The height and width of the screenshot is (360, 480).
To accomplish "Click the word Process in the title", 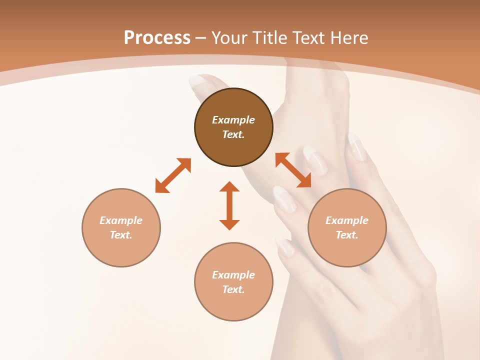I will point(157,38).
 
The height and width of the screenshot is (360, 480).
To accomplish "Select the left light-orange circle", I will point(121,227).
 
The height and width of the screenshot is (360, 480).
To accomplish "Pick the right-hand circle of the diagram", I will point(347,227).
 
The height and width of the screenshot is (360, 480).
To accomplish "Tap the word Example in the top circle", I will point(233,120).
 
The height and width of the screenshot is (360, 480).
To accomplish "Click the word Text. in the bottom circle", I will point(233,289).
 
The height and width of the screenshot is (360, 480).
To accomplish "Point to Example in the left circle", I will point(121,220).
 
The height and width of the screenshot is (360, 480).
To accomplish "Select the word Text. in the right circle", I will point(347,235).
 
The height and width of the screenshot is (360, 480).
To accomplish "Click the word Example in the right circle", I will point(347,220).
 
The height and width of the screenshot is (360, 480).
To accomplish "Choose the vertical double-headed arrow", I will point(229,205).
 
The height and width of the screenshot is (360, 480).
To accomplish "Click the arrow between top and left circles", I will point(173,175).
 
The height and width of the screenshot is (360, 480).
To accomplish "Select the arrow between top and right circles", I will point(293,170).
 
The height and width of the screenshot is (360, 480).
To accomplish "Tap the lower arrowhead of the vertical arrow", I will point(229,224).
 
